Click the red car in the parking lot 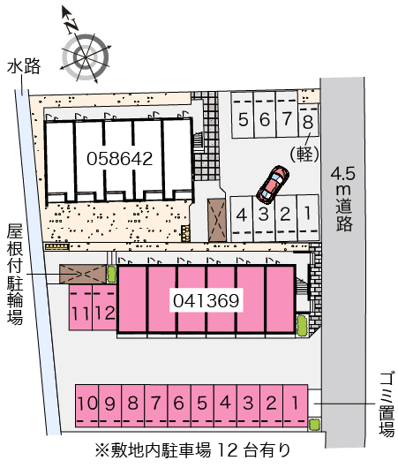[273, 185]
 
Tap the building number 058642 [120, 158]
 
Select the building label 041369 [207, 300]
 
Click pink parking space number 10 [86, 406]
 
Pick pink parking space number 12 [104, 307]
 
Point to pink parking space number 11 [81, 307]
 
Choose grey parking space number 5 [243, 115]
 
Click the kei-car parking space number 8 [309, 120]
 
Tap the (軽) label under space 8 [304, 155]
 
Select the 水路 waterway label [24, 66]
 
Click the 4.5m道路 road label [343, 199]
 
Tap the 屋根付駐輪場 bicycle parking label [15, 274]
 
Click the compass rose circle [86, 57]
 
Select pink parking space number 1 [296, 406]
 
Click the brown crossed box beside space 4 [217, 220]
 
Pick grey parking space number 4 [242, 218]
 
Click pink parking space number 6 [179, 406]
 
